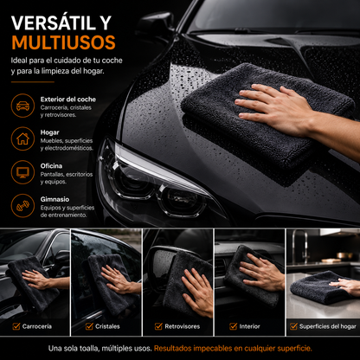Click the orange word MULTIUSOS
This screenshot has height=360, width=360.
coord(63,42)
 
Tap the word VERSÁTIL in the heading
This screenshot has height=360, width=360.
coord(54,22)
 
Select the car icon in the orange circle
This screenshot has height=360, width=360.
coord(22,106)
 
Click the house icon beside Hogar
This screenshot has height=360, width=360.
coord(22,138)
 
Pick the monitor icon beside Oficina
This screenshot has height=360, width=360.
coord(22,172)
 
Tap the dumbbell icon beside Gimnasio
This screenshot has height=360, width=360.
coord(22,206)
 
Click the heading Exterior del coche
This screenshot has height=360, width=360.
coord(68,100)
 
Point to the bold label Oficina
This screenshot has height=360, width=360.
coord(51,166)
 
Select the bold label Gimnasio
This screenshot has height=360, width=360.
coord(55,199)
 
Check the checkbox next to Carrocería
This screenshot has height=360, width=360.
coord(16,326)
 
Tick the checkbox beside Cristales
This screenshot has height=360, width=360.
coord(89,326)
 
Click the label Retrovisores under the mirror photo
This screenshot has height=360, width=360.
coord(183,326)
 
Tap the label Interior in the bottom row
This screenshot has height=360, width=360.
coord(249,326)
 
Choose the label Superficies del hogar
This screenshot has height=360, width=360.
coord(328,326)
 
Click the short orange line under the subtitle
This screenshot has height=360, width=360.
coord(33,82)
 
